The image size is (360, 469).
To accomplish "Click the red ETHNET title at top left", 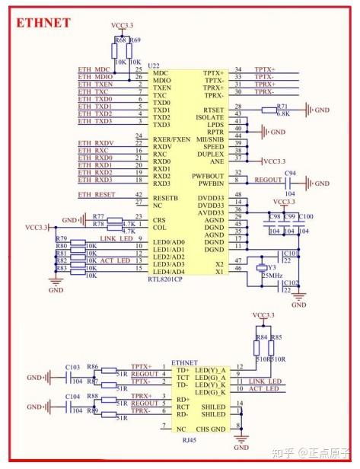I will [x=43, y=23].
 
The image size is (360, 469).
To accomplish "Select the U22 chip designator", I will [x=155, y=65].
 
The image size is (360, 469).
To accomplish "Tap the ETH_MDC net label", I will [x=94, y=69].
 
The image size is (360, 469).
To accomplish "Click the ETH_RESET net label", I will [x=97, y=195].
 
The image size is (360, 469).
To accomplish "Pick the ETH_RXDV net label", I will [x=96, y=142].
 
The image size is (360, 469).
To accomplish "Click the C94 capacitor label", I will [x=290, y=174].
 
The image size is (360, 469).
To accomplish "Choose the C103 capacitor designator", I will [x=73, y=366].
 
